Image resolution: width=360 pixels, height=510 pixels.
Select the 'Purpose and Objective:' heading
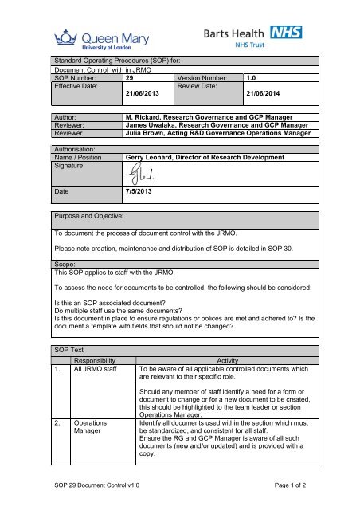coord(89,216)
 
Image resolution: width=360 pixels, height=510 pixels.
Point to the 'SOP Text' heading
coord(72,350)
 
